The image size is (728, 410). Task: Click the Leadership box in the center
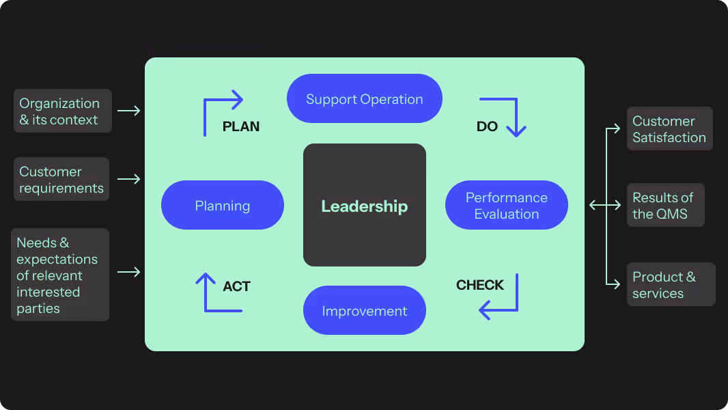364,205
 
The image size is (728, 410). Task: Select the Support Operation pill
364,99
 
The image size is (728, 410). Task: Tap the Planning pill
222,205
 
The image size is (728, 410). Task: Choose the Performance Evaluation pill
506,205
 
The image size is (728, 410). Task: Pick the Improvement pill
364,311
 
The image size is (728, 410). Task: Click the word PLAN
241,127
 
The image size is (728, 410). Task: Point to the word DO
487,127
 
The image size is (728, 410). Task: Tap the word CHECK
479,285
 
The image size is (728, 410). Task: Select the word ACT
236,286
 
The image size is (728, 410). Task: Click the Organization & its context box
62,111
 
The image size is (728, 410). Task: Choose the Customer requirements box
61,179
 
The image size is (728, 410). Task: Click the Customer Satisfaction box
669,128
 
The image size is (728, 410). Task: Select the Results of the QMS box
664,205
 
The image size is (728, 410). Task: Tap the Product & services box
671,284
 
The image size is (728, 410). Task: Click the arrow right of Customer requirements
128,179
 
